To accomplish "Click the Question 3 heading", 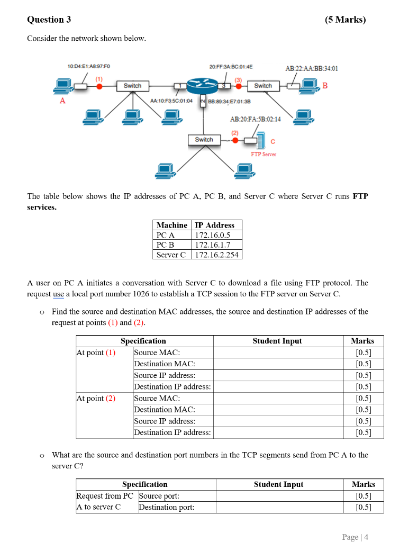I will coord(49,20).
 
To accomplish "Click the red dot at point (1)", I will coord(99,86).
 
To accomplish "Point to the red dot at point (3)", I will coord(239,86).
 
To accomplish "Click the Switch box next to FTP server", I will coord(204,140).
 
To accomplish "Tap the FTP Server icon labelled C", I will coord(261,141).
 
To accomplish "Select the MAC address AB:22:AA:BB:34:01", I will coord(312,68).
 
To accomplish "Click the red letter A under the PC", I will coord(62,101).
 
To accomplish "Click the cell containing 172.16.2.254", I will coord(216,255).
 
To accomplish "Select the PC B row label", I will coord(166,245).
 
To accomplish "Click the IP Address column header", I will coord(214,225).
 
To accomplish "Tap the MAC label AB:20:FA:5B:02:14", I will coord(256,119).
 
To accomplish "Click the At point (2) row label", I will coord(96,398).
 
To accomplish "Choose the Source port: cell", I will coord(159,496).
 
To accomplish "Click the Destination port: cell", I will coord(166,507).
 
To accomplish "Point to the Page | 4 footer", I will coord(355,537).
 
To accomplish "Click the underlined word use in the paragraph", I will coord(59,294).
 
